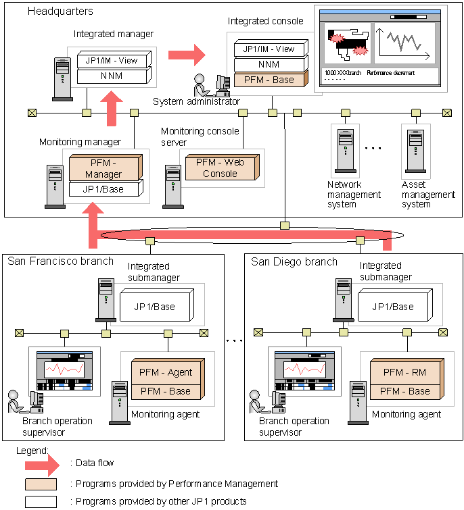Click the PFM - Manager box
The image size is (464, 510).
103,168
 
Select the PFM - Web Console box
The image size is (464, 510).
220,167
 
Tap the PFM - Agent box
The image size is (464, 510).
166,372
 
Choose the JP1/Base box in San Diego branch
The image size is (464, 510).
393,306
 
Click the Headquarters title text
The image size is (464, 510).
60,11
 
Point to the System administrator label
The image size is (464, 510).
196,102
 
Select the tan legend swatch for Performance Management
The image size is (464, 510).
41,484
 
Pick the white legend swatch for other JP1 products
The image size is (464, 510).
41,501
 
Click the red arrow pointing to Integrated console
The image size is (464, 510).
186,52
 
